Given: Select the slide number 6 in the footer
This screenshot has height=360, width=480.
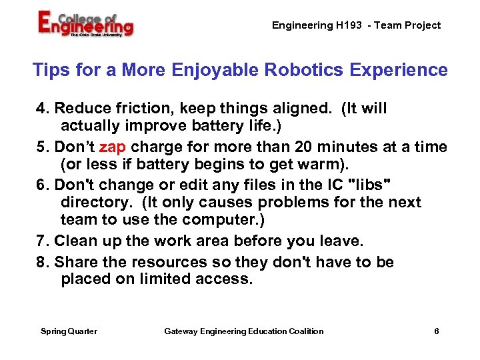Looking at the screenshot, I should tap(436, 331).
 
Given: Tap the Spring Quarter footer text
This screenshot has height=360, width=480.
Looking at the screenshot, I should tap(69, 331).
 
